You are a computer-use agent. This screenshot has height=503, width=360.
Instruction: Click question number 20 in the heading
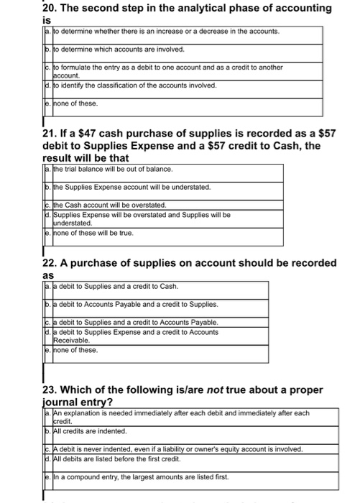pos(51,8)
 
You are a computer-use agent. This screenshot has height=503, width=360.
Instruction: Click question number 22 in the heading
pos(51,263)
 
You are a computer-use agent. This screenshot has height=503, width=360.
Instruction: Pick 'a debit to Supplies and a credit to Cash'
pos(114,286)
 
